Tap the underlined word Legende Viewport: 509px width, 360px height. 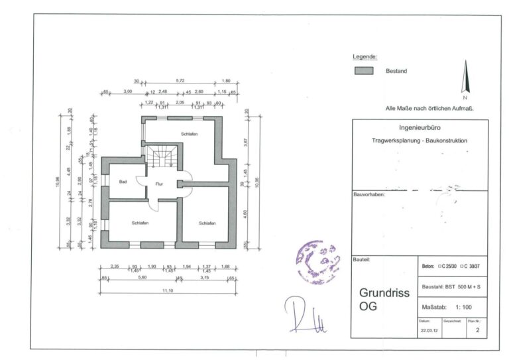click(x=365, y=57)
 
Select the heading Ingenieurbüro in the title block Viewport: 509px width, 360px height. click(x=420, y=127)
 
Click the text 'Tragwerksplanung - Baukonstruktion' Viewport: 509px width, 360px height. click(x=420, y=141)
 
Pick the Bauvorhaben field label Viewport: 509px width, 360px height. click(x=369, y=195)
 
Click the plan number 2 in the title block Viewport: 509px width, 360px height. click(x=477, y=328)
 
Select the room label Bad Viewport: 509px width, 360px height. click(x=123, y=181)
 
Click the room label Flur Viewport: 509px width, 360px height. click(x=159, y=183)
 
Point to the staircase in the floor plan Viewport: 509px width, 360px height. click(x=161, y=158)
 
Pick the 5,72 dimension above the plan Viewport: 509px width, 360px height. click(x=180, y=81)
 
